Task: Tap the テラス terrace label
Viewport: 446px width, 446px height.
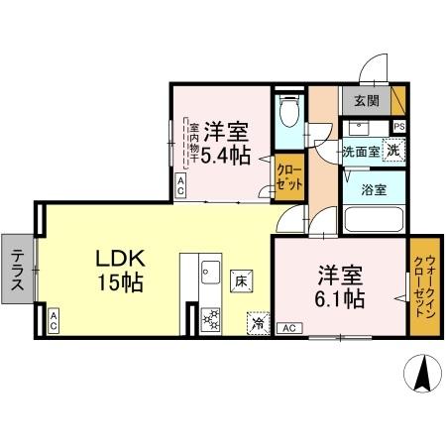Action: coord(18,269)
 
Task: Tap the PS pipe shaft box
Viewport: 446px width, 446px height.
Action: coord(398,127)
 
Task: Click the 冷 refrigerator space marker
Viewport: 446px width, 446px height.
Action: coord(258,322)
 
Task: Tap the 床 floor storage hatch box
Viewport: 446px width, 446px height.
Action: coord(241,282)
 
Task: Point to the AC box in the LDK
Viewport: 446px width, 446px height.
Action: coord(53,319)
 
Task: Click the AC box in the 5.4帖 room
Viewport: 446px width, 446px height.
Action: coord(181,184)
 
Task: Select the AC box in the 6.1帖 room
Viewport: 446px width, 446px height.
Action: coord(289,328)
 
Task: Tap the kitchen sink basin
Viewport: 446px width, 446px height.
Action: coord(209,269)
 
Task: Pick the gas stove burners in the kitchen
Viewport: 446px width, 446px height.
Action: coord(209,319)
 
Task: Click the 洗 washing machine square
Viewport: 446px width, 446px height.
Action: coord(393,150)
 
